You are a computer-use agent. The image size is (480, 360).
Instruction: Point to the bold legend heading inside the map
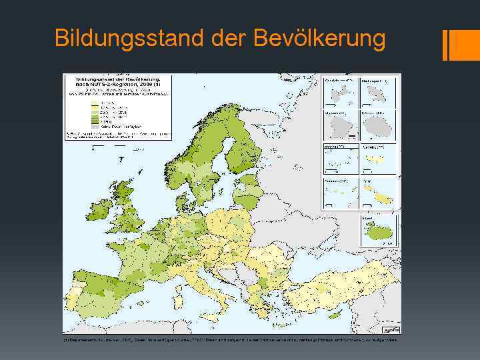117,83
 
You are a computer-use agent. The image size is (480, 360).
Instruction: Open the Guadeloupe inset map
340,93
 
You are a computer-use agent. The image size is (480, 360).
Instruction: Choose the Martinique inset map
378,93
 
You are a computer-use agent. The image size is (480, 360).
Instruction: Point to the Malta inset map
378,193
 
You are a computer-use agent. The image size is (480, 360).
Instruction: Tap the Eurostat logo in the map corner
389,329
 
